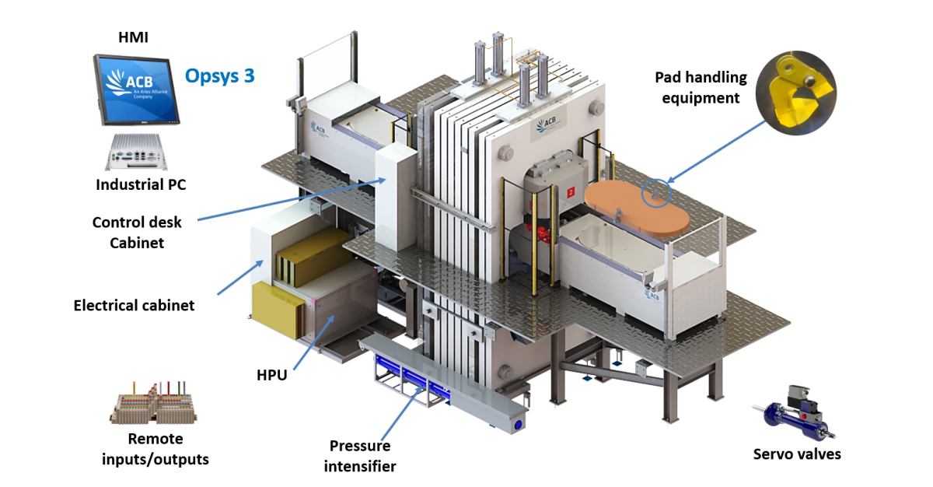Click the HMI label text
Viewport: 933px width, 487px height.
click(x=133, y=37)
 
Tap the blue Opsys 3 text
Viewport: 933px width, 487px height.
click(x=219, y=75)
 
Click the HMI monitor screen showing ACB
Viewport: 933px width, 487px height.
click(x=136, y=89)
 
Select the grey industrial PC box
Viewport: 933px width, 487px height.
click(x=137, y=152)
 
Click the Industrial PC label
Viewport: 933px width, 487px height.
click(x=141, y=184)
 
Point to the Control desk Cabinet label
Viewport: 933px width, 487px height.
click(x=137, y=233)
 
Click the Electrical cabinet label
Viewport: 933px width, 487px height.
click(x=134, y=306)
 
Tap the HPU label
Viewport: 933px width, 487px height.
click(x=271, y=375)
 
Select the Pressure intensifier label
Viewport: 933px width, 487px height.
click(x=360, y=456)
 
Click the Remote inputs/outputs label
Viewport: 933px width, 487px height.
click(x=155, y=449)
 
